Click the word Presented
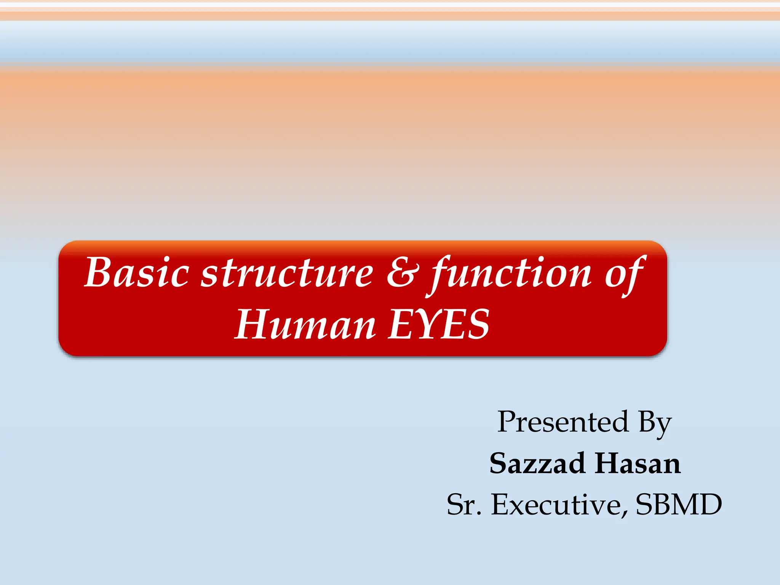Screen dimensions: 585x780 click(x=563, y=422)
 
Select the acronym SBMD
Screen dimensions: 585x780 click(x=679, y=505)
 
